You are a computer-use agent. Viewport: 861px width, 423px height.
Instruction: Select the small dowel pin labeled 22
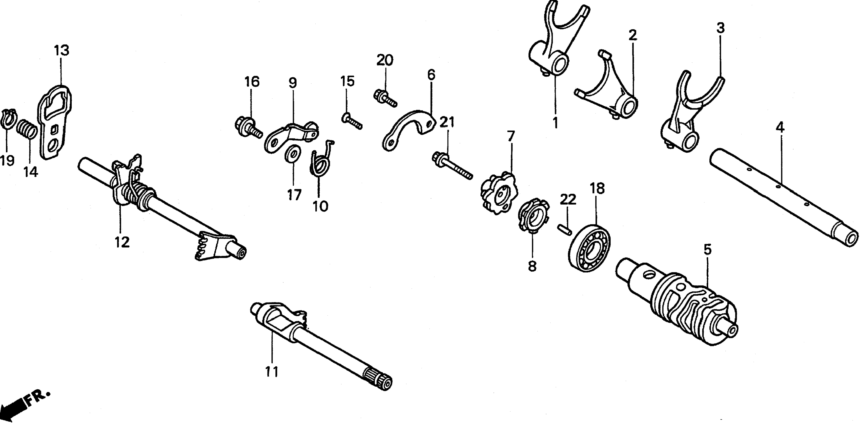tap(565, 230)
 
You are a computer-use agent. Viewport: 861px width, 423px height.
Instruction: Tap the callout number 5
tap(707, 249)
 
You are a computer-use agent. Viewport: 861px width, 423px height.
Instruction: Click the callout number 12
tap(122, 242)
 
